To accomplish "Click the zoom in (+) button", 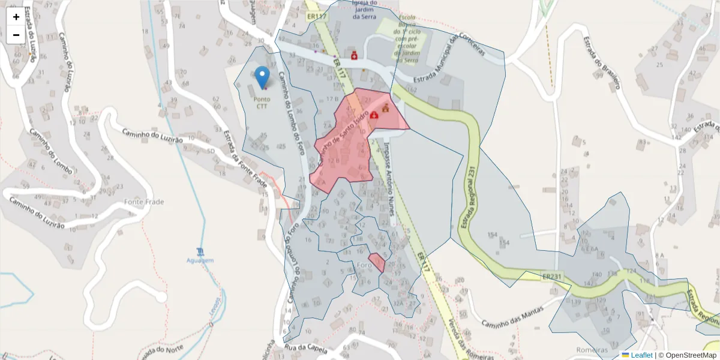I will point(16,17).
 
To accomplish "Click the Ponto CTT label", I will point(262,103).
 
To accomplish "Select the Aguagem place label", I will point(200,260).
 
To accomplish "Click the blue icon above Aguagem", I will point(200,251).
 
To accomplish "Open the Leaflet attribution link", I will point(641,355).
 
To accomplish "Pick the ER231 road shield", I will point(551,277).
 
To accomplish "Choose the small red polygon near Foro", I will point(377,262).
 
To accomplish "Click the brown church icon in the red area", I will point(385,109).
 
